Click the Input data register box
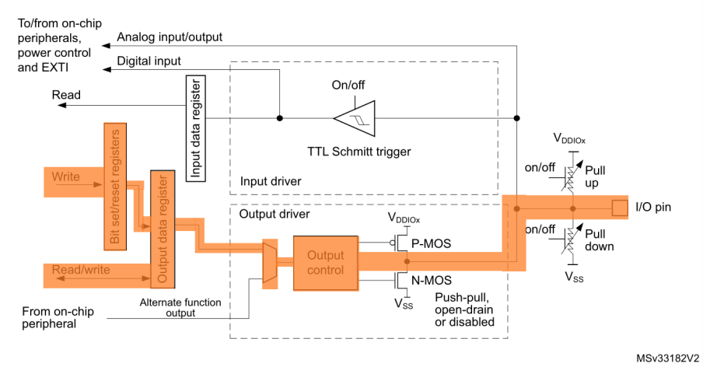197,128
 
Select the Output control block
324,263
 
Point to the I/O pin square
619,208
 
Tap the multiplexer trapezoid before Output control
270,263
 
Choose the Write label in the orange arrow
65,177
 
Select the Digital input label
149,61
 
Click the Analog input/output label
169,37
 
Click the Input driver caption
270,181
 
